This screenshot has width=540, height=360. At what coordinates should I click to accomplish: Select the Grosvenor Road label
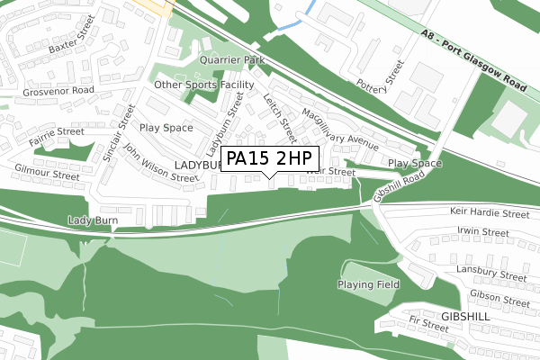click(x=47, y=91)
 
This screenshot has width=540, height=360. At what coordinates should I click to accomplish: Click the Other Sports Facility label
click(x=204, y=85)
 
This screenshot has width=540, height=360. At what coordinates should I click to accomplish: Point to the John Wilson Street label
click(x=160, y=164)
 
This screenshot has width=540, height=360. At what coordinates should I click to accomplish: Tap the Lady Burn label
click(x=94, y=220)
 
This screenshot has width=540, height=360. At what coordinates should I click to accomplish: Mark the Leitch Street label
click(x=280, y=118)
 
